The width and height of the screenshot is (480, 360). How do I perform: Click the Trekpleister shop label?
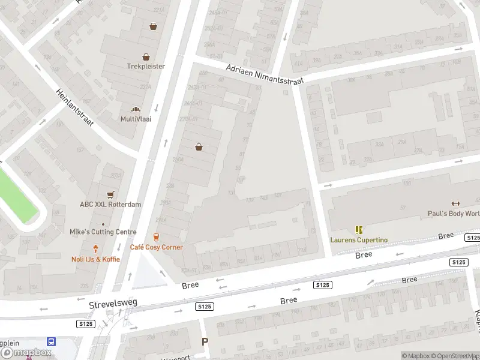tap(146, 67)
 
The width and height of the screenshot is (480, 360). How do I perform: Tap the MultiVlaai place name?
tap(136, 119)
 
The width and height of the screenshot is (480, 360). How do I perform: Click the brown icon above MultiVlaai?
tap(136, 109)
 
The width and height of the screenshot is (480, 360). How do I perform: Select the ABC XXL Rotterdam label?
tap(110, 204)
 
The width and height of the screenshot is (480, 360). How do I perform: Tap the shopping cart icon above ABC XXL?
tap(110, 195)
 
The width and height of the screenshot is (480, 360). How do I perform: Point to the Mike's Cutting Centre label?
tap(103, 232)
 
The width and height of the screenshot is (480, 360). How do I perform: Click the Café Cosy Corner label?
tap(157, 247)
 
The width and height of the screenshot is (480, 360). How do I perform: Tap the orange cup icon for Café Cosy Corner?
tap(157, 238)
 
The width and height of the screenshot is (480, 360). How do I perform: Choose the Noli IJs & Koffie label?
tap(95, 259)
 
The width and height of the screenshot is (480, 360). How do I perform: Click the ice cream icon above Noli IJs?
tap(95, 248)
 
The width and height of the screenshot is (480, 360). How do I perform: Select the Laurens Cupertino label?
tap(359, 240)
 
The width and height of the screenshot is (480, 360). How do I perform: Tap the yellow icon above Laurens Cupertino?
tap(359, 230)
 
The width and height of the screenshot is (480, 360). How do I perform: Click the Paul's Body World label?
tap(454, 214)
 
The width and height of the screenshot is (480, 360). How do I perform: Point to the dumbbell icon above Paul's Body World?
tap(455, 203)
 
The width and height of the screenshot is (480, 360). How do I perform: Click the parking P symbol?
tap(205, 341)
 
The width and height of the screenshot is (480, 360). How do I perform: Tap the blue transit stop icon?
tap(52, 341)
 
